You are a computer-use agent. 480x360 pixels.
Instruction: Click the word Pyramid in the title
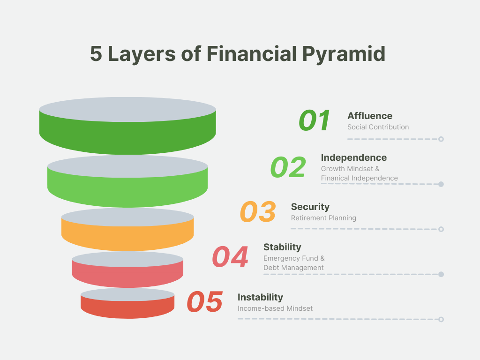click(344, 54)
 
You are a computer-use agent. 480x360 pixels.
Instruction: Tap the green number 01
click(315, 120)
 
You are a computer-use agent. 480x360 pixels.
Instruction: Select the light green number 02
click(288, 167)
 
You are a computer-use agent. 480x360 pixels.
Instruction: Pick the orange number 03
click(258, 211)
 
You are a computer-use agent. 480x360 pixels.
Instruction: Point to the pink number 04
click(230, 256)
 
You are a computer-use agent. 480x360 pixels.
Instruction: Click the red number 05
click(204, 301)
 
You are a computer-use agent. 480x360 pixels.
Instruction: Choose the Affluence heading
click(370, 116)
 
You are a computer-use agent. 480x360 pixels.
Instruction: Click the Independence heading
click(354, 157)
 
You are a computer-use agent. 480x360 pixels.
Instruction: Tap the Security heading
click(310, 207)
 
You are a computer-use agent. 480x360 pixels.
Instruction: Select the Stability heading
click(282, 247)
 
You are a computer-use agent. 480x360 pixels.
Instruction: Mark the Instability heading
click(260, 297)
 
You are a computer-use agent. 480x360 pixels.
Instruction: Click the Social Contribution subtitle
click(378, 127)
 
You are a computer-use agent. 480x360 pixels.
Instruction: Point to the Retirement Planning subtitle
click(323, 218)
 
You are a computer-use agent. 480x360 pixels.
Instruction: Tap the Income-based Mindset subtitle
click(275, 308)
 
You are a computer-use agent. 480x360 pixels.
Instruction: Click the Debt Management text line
click(293, 268)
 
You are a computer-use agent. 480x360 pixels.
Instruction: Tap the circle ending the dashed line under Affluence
click(441, 139)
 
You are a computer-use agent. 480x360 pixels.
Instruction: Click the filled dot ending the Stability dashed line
click(441, 274)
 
